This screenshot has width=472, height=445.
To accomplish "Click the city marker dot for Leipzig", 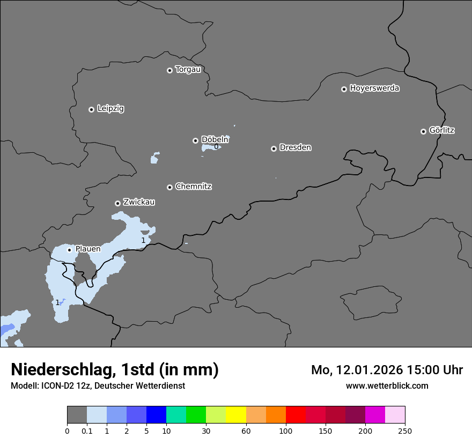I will tap(91, 109).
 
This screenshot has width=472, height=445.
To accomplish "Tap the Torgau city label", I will tap(188, 70).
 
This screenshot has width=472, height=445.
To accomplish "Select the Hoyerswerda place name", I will tap(374, 88).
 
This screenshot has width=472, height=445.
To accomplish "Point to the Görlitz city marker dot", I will tap(423, 131).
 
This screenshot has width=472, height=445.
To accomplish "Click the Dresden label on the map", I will tap(295, 147).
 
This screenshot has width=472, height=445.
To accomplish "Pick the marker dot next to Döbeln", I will tap(195, 140).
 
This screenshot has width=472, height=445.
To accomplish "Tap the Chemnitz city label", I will tap(193, 187).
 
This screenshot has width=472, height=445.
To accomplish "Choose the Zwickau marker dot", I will tap(117, 203).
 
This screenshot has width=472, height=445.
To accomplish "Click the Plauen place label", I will tap(87, 249).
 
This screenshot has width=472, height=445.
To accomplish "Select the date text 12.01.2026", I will tap(364, 370).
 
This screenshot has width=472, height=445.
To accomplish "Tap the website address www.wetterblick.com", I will tap(387, 385).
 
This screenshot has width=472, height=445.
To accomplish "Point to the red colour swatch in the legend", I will tap(296, 415).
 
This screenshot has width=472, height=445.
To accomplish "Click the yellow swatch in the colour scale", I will tap(236, 415).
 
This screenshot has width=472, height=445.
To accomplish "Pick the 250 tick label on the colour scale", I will tap(404, 430).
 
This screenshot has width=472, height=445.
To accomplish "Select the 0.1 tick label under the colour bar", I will tap(87, 430).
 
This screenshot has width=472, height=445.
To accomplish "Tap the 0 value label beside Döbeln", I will tap(216, 147).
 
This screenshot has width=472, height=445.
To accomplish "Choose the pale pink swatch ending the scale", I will tap(395, 415).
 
